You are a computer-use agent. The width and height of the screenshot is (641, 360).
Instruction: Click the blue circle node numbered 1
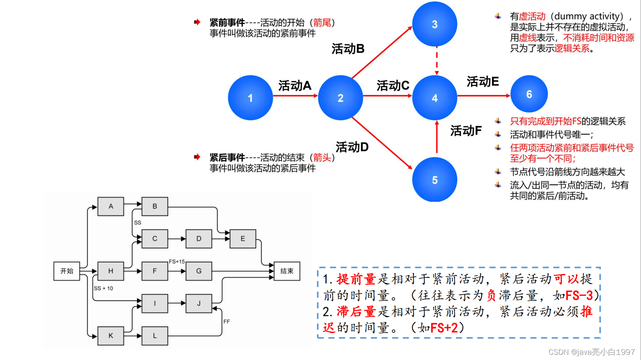250,98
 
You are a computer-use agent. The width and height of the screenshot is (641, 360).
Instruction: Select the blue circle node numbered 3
434,24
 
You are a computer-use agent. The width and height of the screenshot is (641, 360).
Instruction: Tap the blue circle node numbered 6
529,94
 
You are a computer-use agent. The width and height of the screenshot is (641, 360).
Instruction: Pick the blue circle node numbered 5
434,180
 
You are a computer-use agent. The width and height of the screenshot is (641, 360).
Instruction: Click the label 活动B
348,49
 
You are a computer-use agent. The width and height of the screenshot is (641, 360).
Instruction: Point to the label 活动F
466,131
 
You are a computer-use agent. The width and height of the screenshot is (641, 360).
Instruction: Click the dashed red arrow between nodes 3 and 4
437,61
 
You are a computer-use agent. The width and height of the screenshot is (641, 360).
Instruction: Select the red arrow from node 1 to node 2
295,96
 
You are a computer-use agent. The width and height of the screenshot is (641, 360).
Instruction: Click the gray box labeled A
111,206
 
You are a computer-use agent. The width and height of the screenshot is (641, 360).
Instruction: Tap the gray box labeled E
243,239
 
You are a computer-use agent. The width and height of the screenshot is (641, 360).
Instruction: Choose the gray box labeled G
199,271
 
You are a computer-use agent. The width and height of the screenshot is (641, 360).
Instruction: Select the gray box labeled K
111,335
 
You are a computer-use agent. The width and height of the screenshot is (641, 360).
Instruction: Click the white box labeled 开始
67,271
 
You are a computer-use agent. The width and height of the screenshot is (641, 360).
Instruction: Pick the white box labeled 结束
287,271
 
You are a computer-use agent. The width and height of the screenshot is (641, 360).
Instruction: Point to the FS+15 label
177,262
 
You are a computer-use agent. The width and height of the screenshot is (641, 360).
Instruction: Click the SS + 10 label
103,288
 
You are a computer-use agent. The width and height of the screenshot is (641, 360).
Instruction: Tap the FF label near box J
226,322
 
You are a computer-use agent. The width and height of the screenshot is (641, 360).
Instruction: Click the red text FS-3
579,295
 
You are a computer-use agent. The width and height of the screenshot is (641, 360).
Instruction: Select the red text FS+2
444,328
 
